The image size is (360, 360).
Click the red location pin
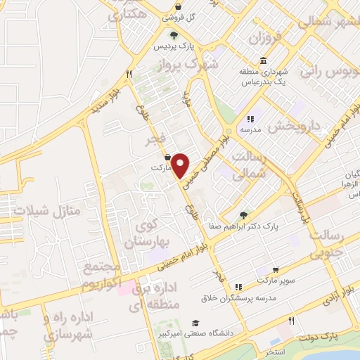[181, 165]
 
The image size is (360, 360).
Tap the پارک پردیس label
[174, 46]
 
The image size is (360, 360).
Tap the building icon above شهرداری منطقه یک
[263, 60]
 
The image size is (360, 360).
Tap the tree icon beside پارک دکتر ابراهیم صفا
[244, 214]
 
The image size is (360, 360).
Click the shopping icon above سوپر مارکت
[276, 269]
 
